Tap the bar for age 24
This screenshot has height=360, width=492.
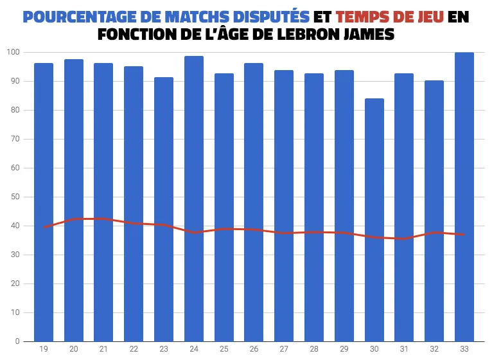pyautogui.click(x=194, y=199)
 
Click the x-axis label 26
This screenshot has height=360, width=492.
pyautogui.click(x=254, y=349)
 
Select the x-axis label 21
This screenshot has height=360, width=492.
pyautogui.click(x=103, y=349)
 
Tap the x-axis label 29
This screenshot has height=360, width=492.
pyautogui.click(x=344, y=349)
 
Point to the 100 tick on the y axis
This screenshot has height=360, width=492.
pyautogui.click(x=13, y=52)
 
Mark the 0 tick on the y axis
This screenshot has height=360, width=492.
pyautogui.click(x=17, y=341)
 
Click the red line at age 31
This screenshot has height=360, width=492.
pyautogui.click(x=404, y=239)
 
